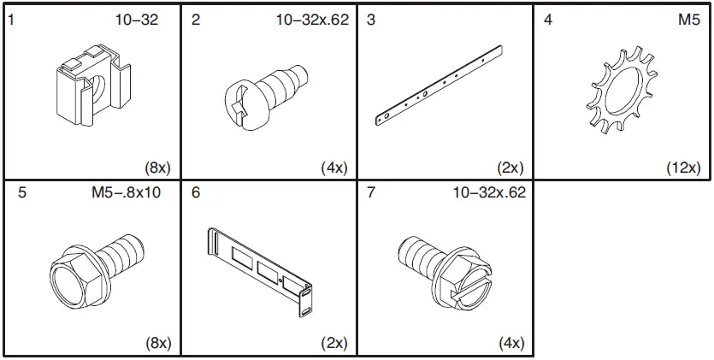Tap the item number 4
pos(547,20)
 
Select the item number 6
pos(196,193)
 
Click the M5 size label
pos(689,20)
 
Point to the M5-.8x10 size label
pos(126,193)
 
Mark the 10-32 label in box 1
pos(138,20)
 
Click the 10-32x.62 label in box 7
pos(489,193)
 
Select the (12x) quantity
pos(683,168)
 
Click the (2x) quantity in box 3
pos(510,168)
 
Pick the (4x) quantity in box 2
pos(333,168)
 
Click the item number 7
pos(370,193)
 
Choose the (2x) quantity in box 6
pos(333,343)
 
